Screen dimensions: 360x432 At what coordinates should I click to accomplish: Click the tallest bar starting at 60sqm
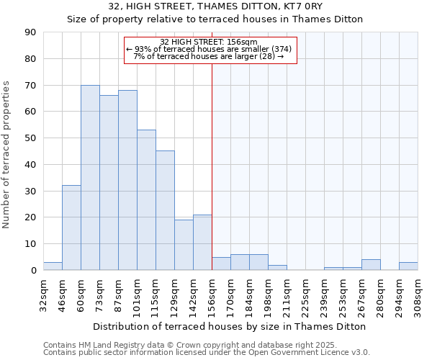pos(90,178)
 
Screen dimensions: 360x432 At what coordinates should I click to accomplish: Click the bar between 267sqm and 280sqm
pos(371,265)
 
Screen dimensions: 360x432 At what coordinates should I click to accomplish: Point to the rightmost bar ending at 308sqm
pos(408,266)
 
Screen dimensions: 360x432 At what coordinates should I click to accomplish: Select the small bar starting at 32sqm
pos(53,266)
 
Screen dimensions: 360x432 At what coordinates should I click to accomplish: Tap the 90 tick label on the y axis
pos(30,32)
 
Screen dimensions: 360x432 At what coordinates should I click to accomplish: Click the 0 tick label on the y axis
pos(33,271)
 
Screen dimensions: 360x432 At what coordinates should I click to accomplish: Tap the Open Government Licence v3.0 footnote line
pos(207,353)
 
